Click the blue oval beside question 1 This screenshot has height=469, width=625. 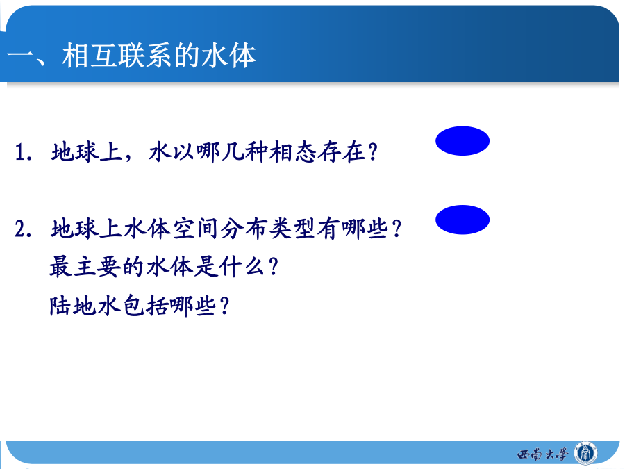coord(462,141)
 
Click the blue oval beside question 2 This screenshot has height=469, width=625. coord(462,220)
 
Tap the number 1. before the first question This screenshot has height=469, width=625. coord(24,152)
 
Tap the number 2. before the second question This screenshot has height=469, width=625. coord(24,229)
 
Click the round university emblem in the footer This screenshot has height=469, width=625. coord(585,453)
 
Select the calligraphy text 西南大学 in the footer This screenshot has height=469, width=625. coord(542,454)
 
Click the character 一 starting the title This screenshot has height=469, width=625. coord(21,55)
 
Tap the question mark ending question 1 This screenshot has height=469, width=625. coord(373,152)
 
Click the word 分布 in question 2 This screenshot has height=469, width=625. coord(244,229)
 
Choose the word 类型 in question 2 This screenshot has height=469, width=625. coord(292,229)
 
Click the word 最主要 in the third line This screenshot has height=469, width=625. coord(85,267)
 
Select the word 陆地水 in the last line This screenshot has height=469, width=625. coord(85,306)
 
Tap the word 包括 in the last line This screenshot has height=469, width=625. coord(145,306)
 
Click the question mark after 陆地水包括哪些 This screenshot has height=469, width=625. coord(225,306)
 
